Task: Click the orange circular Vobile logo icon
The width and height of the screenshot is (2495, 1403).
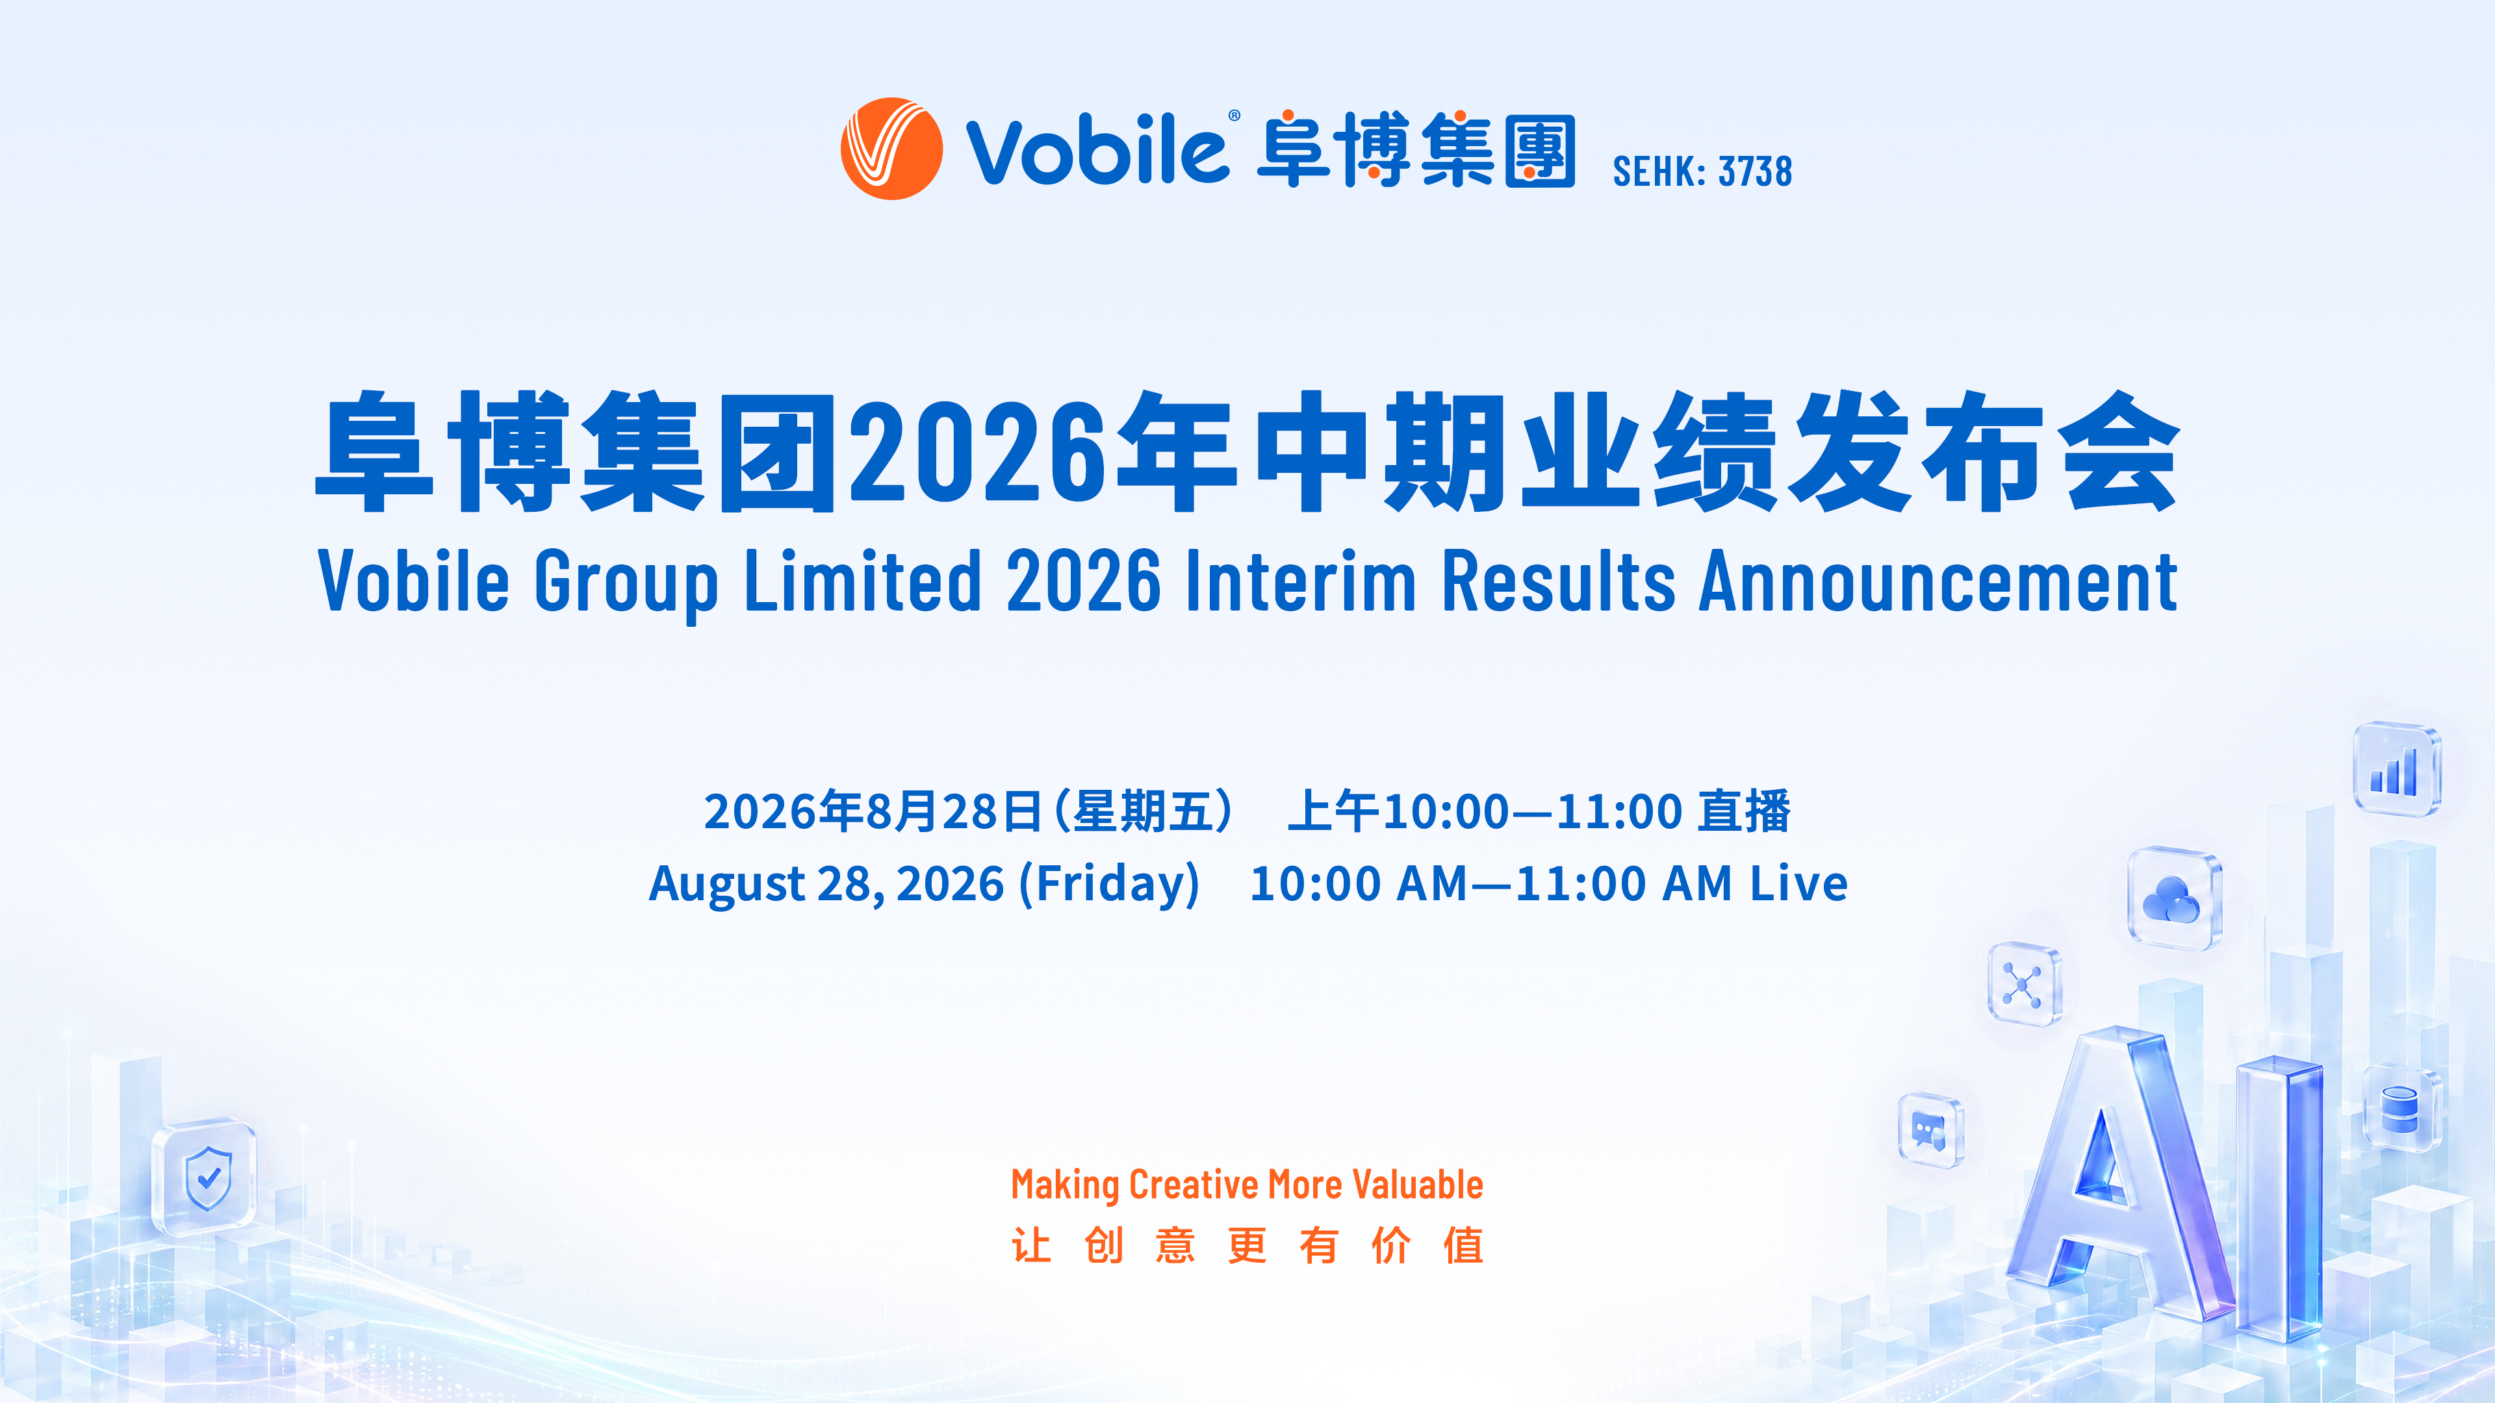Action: point(891,148)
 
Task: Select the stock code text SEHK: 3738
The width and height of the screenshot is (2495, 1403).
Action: point(1702,171)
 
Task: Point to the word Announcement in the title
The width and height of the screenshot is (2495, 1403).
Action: point(1938,580)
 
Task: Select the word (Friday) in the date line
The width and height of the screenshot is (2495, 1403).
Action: point(1109,883)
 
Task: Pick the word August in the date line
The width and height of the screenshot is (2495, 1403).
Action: point(726,884)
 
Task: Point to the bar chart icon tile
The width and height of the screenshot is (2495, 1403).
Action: point(2397,770)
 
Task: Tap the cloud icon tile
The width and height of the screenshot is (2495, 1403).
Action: point(2175,898)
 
